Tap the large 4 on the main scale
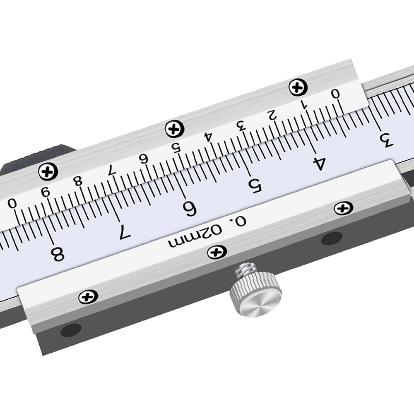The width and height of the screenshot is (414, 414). tap(318, 164)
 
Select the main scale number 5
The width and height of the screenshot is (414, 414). tap(255, 185)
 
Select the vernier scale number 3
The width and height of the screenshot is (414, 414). tap(241, 126)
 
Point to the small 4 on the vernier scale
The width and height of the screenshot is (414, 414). tap(209, 137)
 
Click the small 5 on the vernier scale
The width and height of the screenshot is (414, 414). tap(176, 147)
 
